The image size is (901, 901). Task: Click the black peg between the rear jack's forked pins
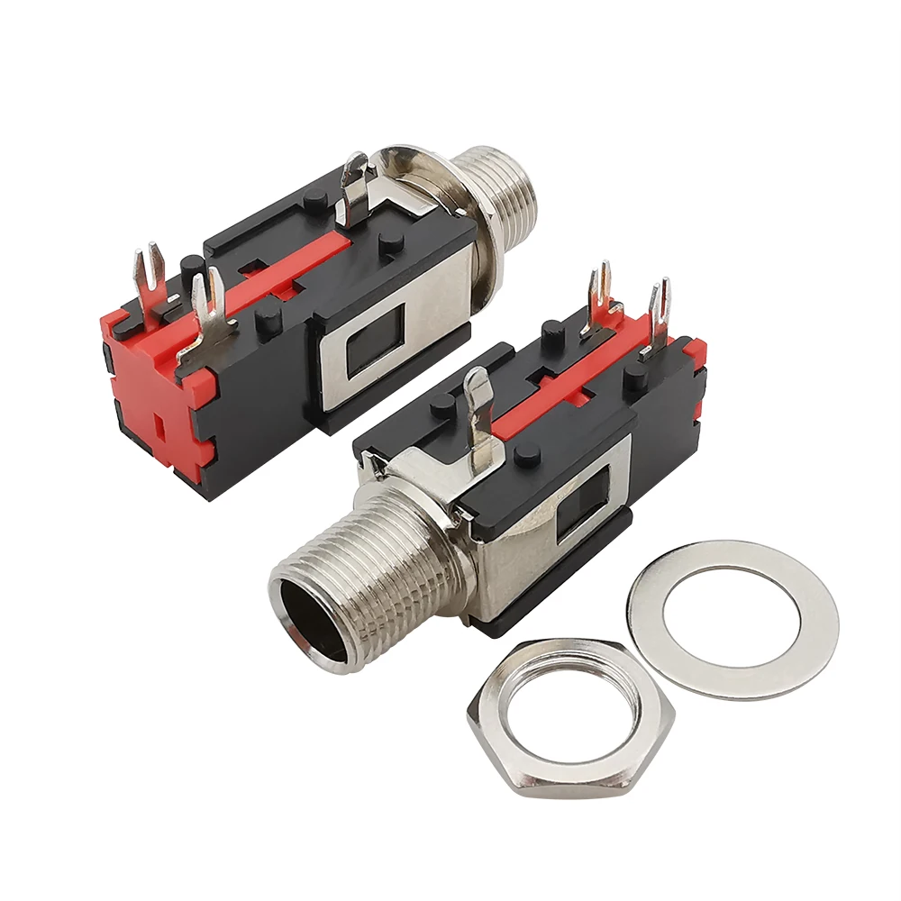(x=191, y=268)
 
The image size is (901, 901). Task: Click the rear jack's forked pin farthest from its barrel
(x=149, y=275)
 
